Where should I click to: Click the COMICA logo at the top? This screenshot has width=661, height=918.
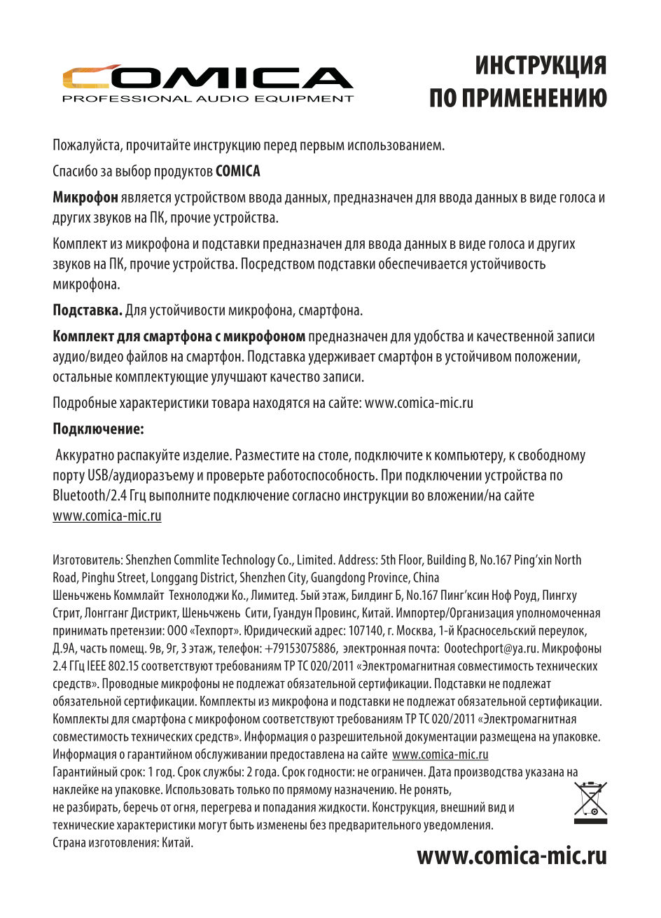207,78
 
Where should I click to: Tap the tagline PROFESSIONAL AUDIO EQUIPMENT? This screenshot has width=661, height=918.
208,99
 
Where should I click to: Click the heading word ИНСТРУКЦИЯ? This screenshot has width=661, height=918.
541,66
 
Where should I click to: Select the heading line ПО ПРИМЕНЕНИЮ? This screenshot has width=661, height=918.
518,99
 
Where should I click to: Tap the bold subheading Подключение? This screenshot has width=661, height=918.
98,427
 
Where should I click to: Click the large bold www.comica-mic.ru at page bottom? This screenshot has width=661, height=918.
511,856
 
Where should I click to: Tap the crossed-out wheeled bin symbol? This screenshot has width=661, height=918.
590,802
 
